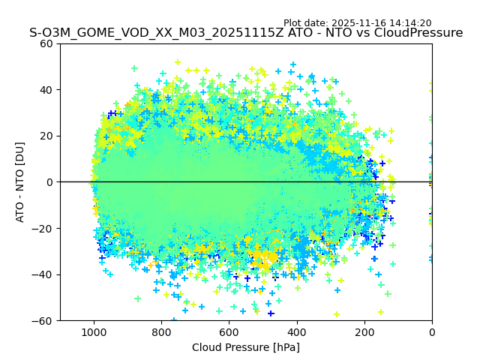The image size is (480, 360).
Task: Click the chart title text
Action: point(246,33)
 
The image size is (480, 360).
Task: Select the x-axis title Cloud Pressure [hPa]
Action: point(246,347)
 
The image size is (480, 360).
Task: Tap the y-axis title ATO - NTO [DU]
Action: point(20,182)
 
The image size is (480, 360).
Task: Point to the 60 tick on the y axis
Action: point(46,43)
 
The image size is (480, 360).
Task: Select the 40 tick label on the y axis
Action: point(46,90)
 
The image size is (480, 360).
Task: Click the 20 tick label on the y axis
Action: point(46,136)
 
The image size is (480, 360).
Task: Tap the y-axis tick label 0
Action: point(49,182)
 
